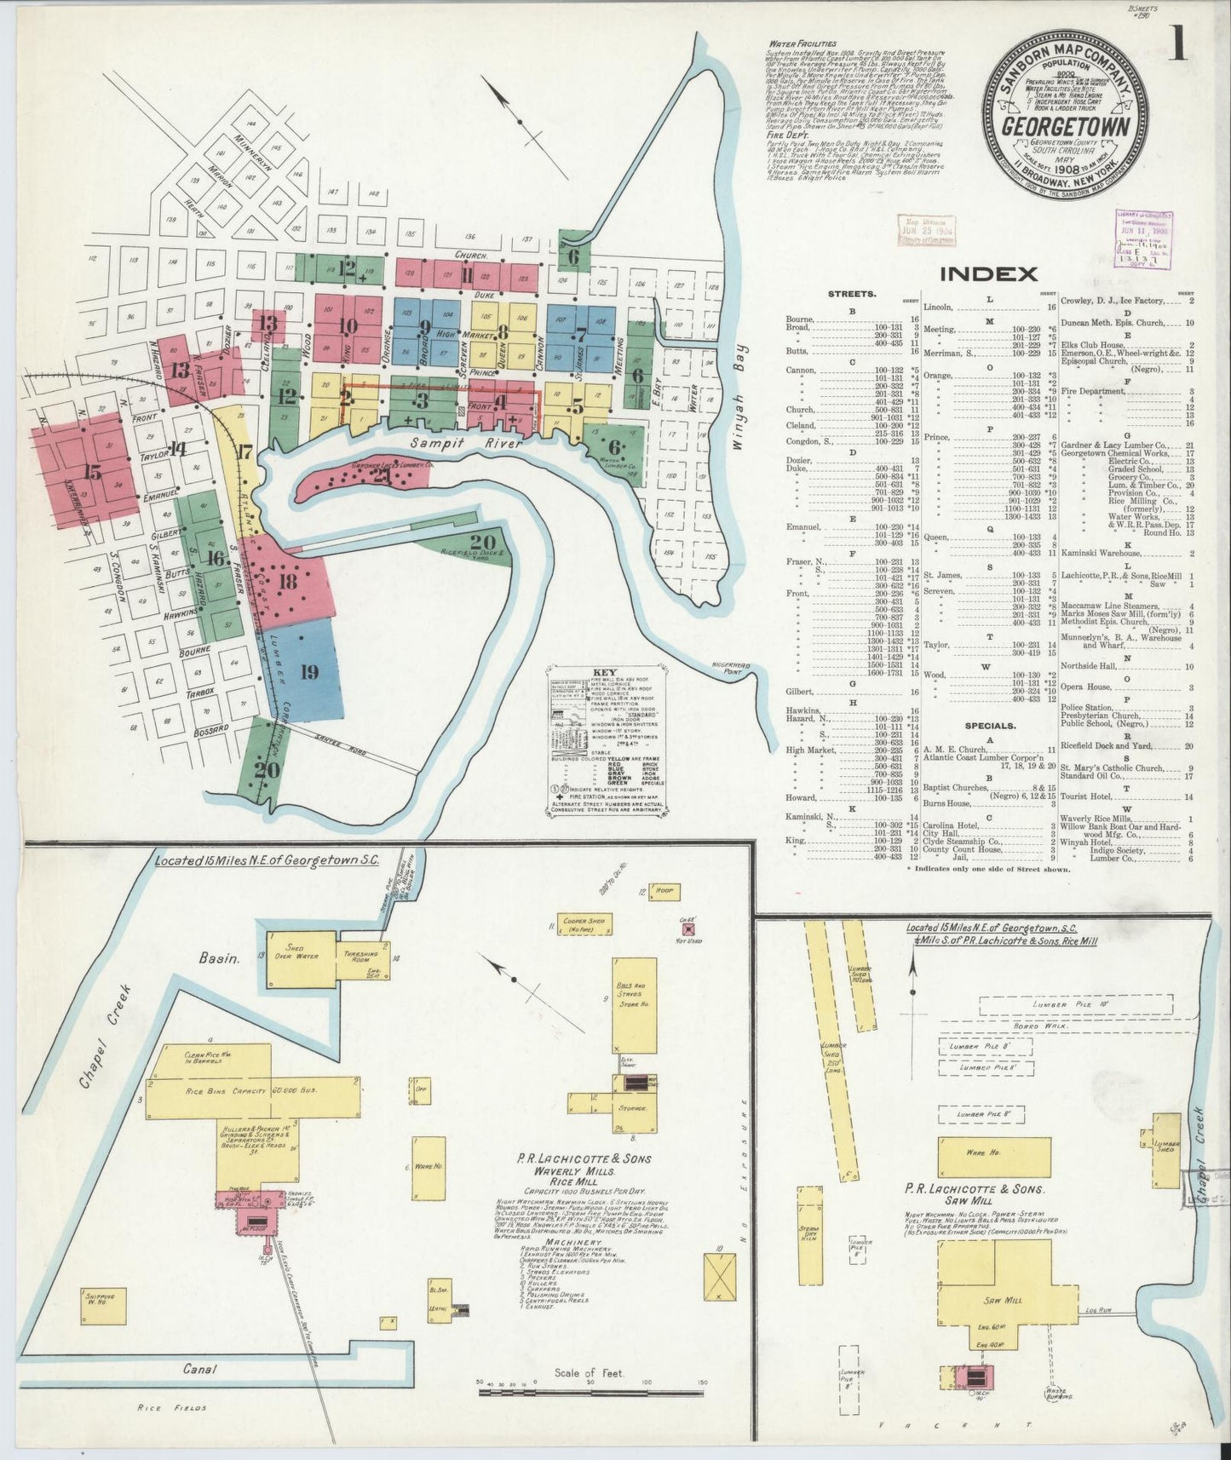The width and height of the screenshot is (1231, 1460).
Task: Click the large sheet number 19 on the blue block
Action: pos(309,672)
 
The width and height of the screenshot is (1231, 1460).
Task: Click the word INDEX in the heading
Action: pos(988,273)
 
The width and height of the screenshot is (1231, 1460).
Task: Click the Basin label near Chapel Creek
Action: pos(221,957)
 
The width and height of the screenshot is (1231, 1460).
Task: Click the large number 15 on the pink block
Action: pos(92,473)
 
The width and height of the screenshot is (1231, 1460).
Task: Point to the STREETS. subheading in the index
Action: pos(851,294)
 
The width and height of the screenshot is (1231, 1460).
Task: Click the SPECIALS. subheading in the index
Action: pos(989,726)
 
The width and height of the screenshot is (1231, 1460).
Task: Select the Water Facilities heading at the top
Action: pos(802,43)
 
